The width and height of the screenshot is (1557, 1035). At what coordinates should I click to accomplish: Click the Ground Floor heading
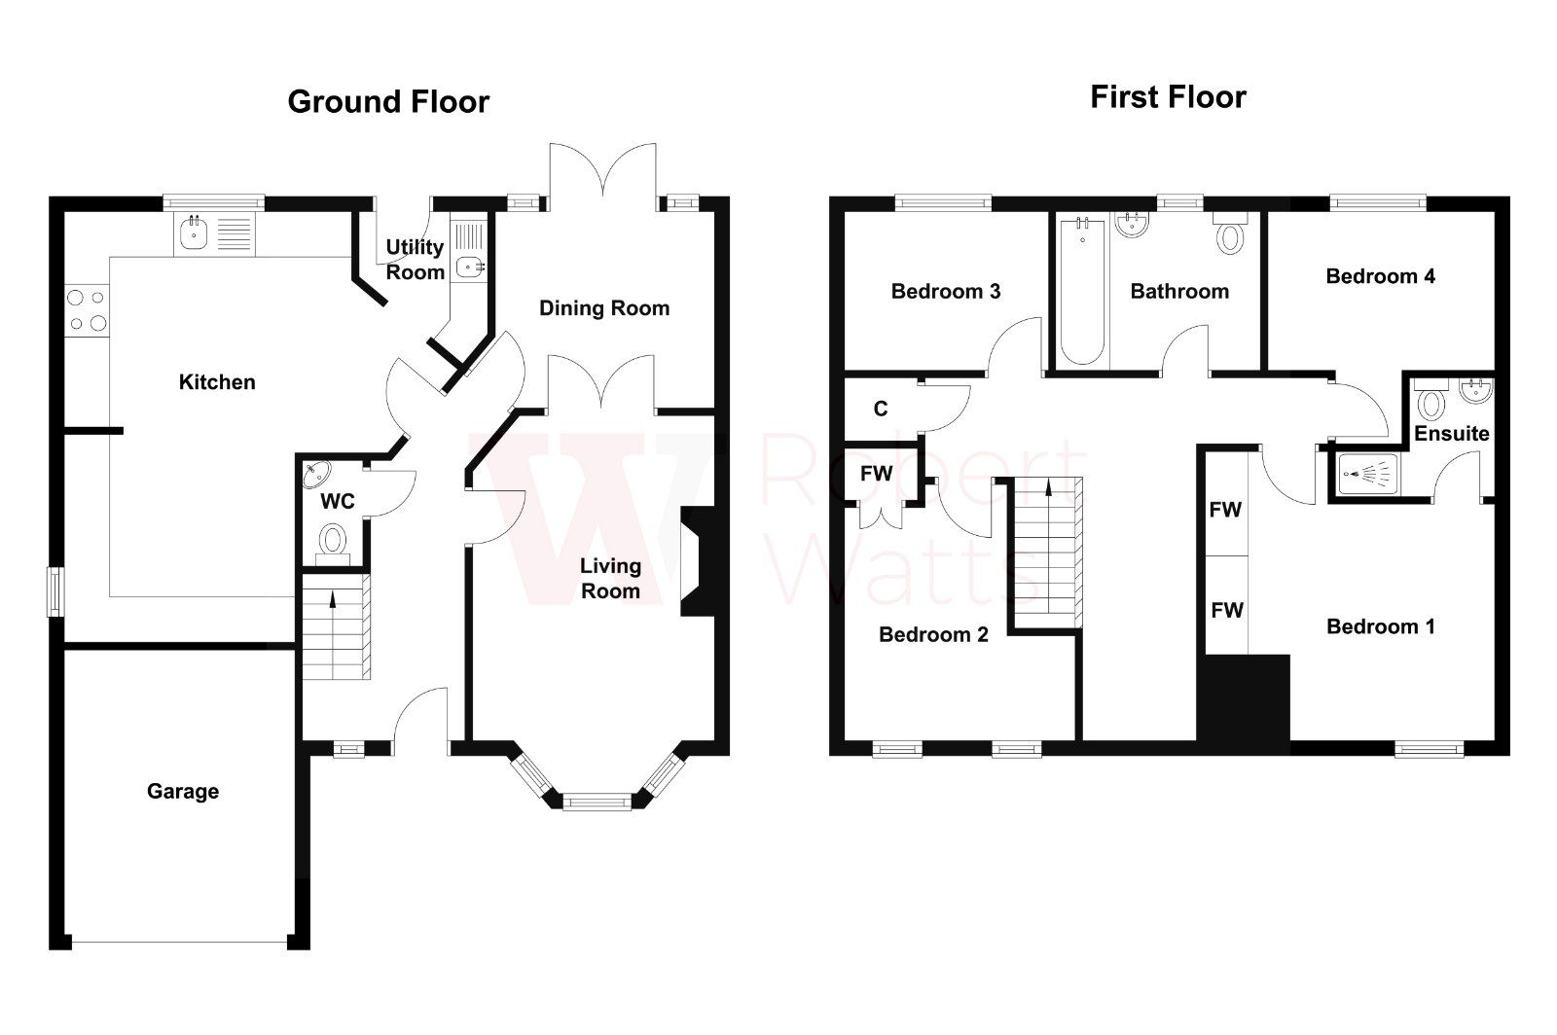388,102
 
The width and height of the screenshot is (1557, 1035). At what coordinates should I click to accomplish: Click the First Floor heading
1168,97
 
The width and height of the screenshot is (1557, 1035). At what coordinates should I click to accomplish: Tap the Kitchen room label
217,382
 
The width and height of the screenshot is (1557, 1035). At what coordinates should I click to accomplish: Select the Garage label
183,792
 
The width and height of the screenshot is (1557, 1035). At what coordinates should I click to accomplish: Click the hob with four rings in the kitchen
86,311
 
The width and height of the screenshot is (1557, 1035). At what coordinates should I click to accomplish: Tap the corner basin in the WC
316,476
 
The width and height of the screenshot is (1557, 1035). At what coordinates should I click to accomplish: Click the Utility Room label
416,260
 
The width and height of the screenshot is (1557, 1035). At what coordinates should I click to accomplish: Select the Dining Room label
604,308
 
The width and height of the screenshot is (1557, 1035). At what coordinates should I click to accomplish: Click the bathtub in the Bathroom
1081,292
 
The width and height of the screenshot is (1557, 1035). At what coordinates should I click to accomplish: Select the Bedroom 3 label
946,291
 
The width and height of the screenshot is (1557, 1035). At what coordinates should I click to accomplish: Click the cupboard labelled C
881,409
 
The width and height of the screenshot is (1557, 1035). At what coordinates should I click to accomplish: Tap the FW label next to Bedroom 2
877,474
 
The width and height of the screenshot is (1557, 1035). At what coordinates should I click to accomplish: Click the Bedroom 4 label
1380,276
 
